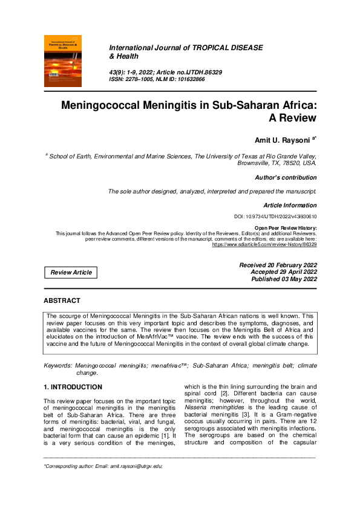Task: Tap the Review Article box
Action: pos(71,273)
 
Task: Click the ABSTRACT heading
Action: pos(62,300)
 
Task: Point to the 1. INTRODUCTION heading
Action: pos(73,387)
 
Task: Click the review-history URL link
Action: pos(264,244)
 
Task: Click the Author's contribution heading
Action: pos(286,178)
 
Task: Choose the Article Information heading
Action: pos(290,206)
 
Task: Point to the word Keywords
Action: pos(57,366)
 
